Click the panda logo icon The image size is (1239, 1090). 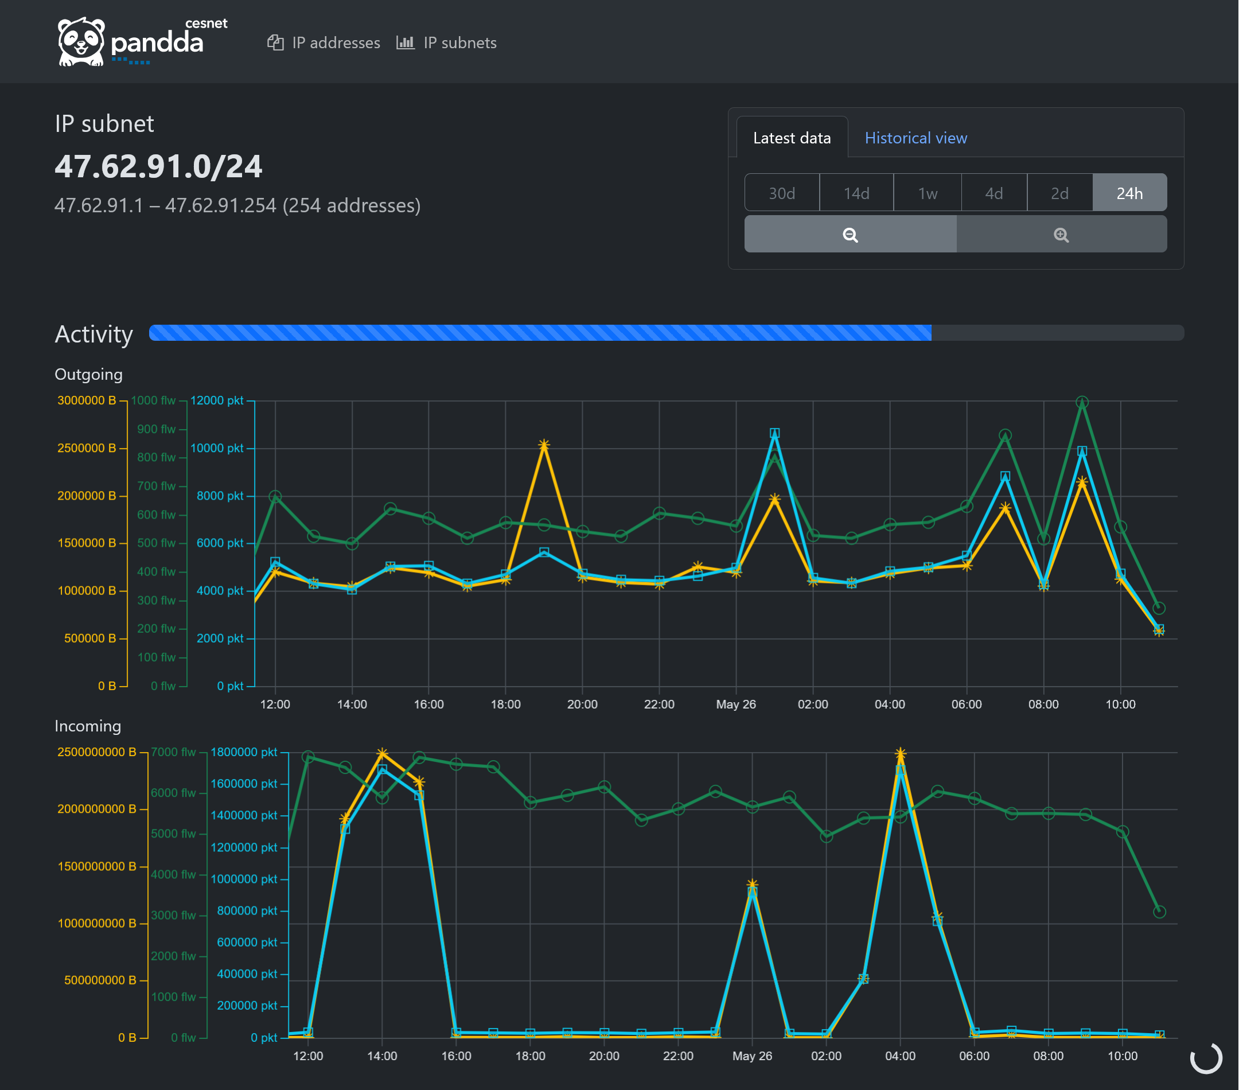(x=81, y=41)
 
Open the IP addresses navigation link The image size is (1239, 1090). (x=324, y=43)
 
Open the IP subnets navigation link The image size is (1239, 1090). (x=447, y=43)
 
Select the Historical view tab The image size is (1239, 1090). (x=915, y=138)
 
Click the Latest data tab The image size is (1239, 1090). (x=791, y=138)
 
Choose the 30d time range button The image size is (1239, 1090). (x=781, y=193)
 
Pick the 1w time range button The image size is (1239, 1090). (x=927, y=193)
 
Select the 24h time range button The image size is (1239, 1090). (x=1129, y=193)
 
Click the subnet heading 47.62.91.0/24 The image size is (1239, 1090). (x=158, y=166)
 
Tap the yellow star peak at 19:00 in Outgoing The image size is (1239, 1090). (x=544, y=445)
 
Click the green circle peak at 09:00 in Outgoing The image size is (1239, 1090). (x=1082, y=402)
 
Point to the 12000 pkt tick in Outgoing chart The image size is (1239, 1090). (x=216, y=400)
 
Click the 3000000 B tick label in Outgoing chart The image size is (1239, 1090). (x=86, y=400)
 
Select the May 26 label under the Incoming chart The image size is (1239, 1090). (x=751, y=1056)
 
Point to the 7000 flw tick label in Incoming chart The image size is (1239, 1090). (x=173, y=752)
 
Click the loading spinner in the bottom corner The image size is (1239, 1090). (x=1206, y=1058)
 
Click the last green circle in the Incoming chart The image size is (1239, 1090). (x=1159, y=912)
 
